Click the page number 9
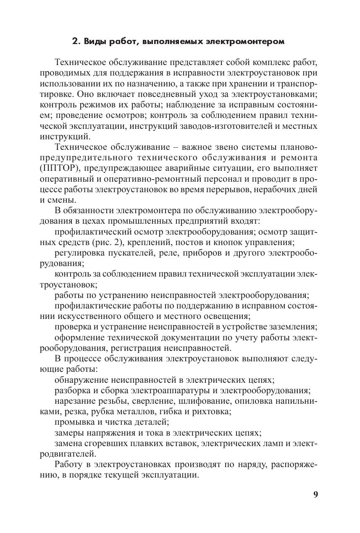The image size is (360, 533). tap(315, 494)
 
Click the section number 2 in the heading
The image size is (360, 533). tap(75, 42)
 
